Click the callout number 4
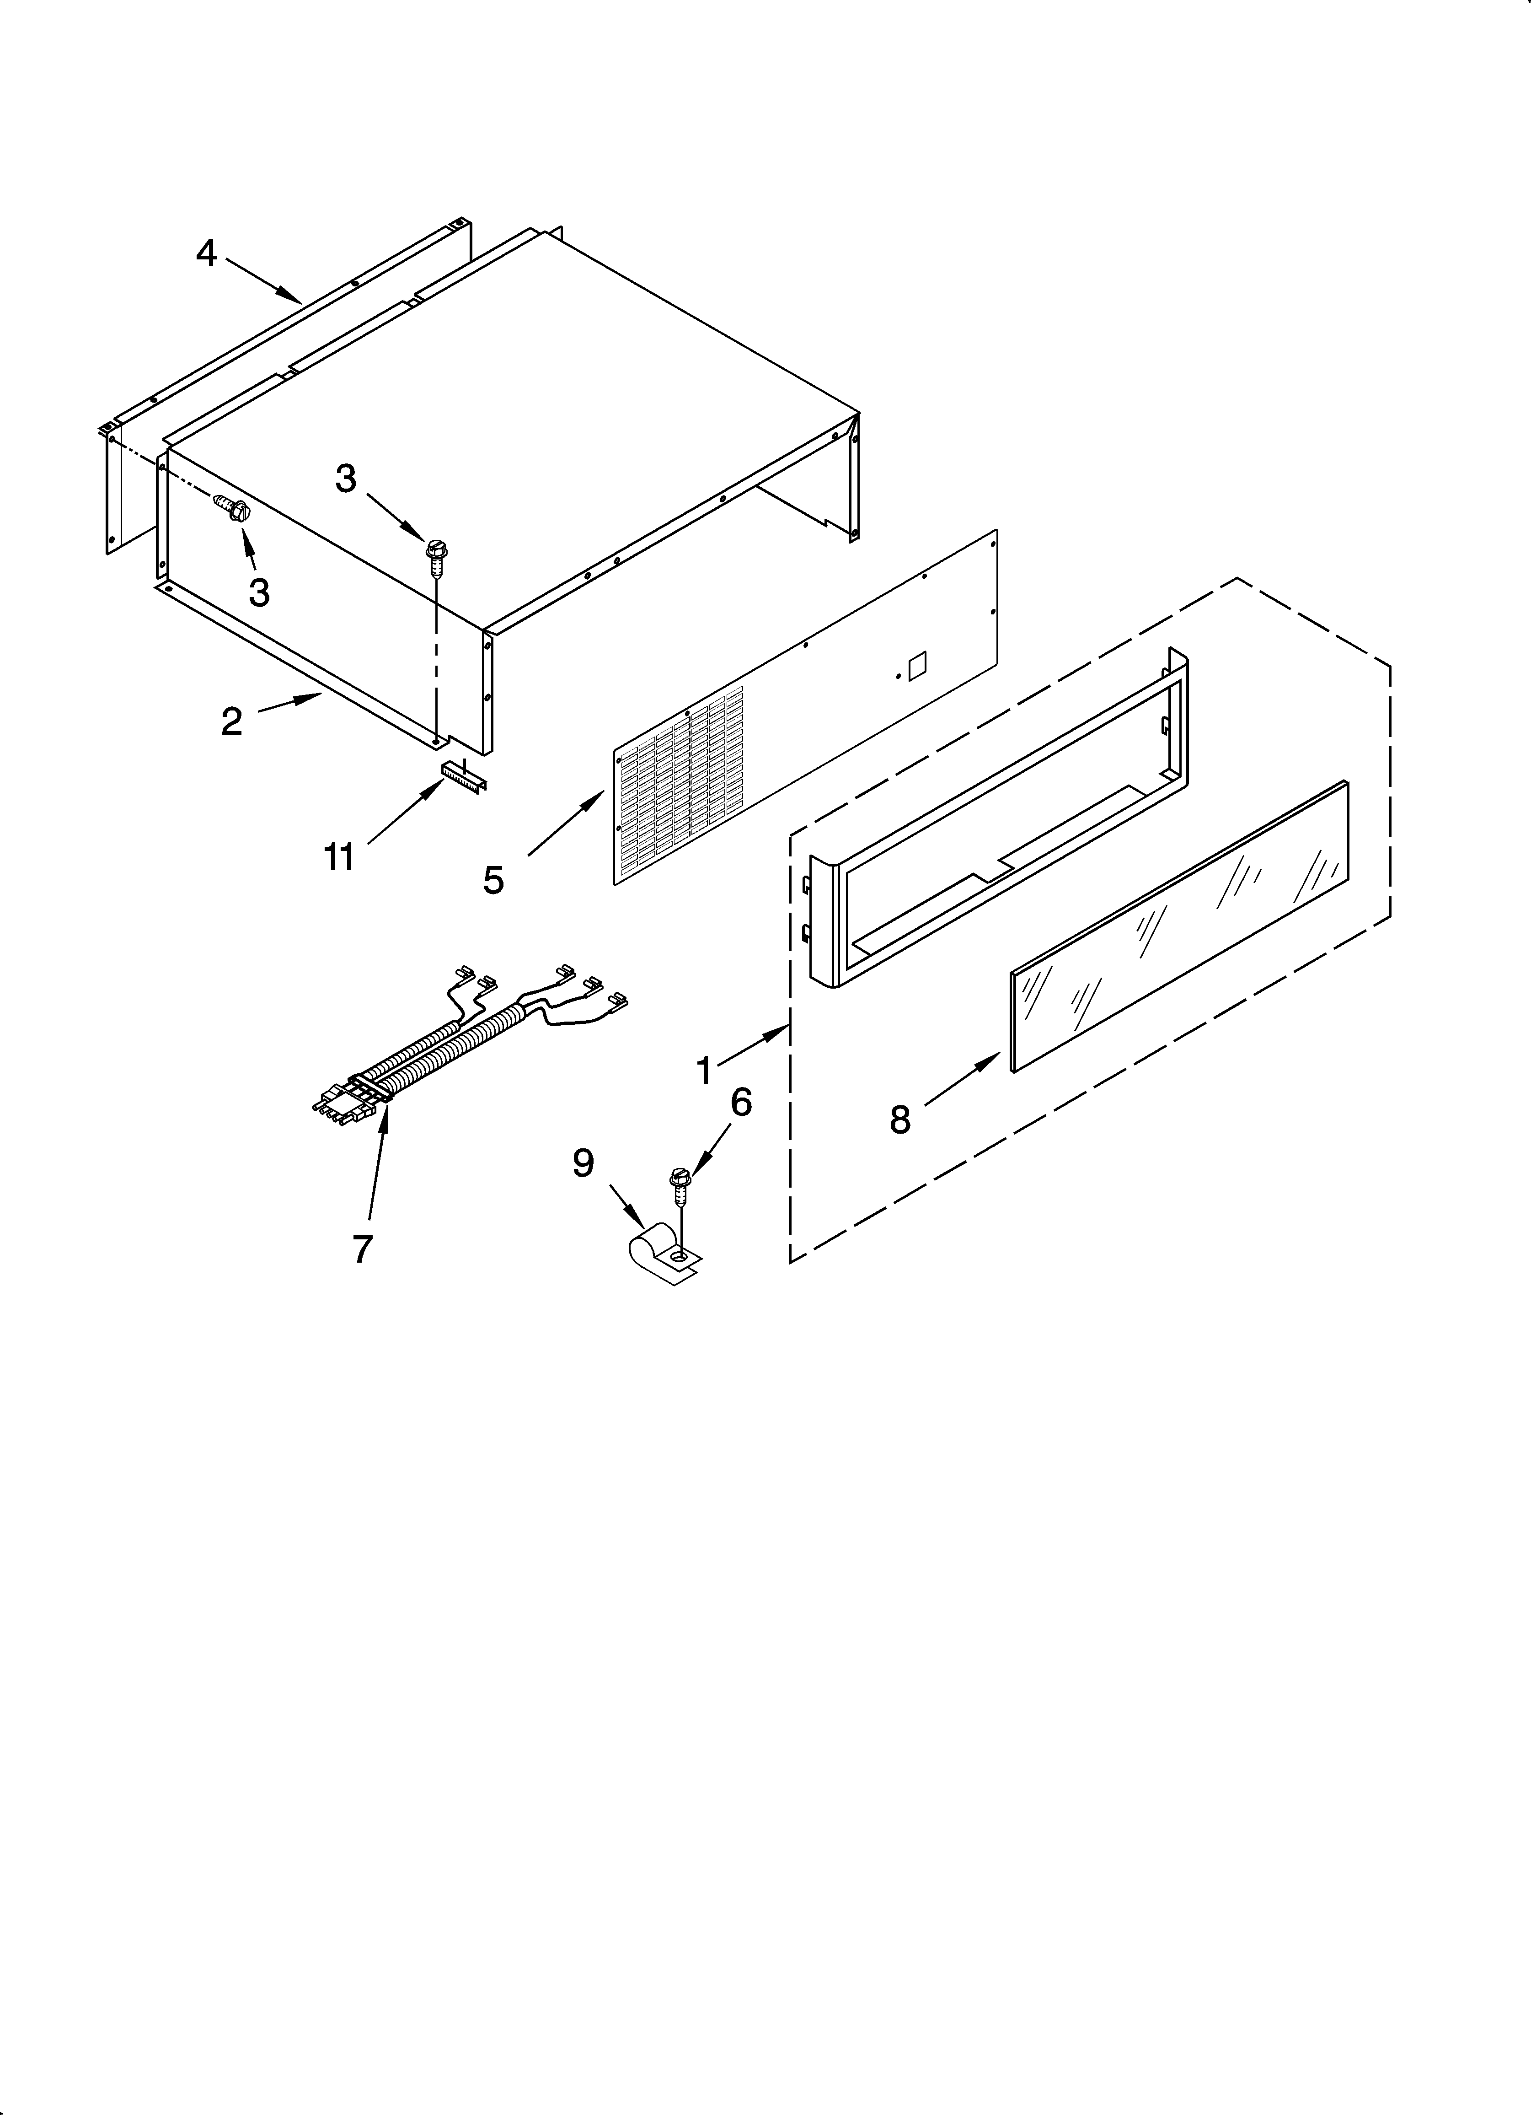pyautogui.click(x=206, y=253)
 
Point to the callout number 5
pyautogui.click(x=493, y=879)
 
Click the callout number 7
pyautogui.click(x=363, y=1248)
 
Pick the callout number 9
pyautogui.click(x=583, y=1163)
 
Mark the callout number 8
pyautogui.click(x=900, y=1119)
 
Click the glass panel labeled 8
pyautogui.click(x=1179, y=925)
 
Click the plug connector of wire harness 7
pyautogui.click(x=345, y=1103)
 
